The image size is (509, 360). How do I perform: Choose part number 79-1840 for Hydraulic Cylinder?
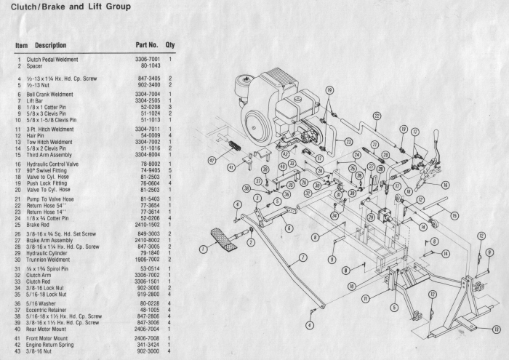tap(149, 253)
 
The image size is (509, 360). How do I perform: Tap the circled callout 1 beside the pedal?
tap(203, 249)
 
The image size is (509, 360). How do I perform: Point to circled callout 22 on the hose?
tap(376, 115)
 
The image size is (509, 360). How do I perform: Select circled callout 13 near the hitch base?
tap(495, 329)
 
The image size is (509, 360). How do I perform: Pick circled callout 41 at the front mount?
tap(230, 167)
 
